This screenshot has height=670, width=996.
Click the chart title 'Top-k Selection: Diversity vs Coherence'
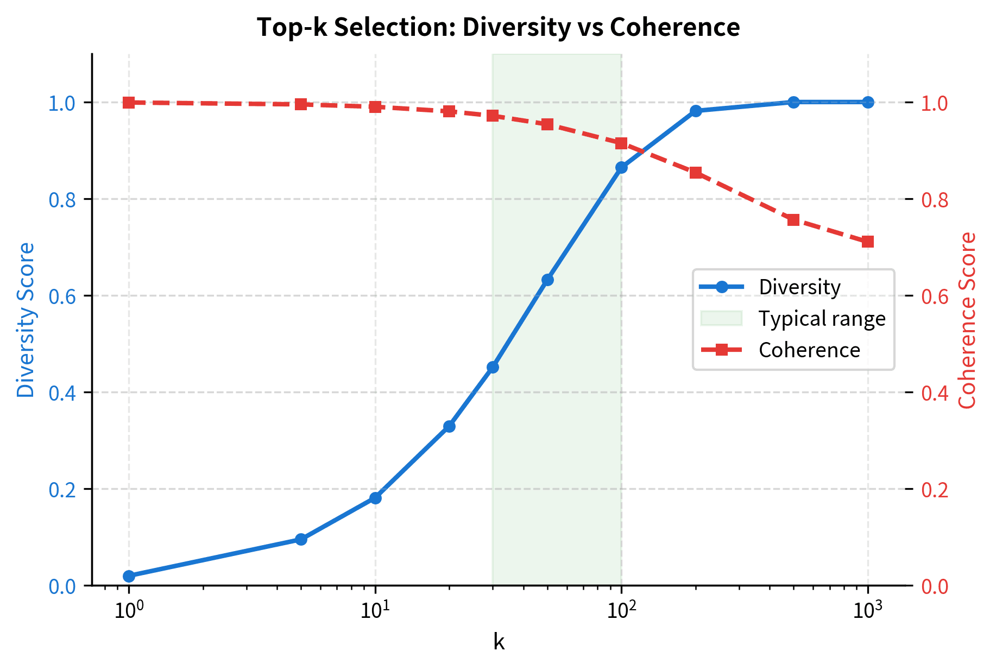(x=498, y=27)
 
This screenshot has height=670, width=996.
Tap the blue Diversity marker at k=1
(x=129, y=576)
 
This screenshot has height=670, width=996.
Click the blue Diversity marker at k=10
(x=375, y=498)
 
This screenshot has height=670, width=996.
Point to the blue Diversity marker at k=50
(x=547, y=280)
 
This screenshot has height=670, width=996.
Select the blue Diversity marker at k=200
(x=696, y=111)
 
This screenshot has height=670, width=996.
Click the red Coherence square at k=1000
(x=868, y=242)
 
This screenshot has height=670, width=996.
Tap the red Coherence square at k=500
(x=793, y=220)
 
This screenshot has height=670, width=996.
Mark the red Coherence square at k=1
(x=129, y=103)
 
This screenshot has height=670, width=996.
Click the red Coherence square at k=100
(x=621, y=143)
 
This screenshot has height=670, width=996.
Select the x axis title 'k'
(x=499, y=642)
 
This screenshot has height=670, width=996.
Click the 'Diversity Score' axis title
(x=26, y=320)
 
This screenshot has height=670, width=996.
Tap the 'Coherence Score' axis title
(x=967, y=320)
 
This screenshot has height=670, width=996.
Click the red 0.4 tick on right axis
(x=935, y=393)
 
